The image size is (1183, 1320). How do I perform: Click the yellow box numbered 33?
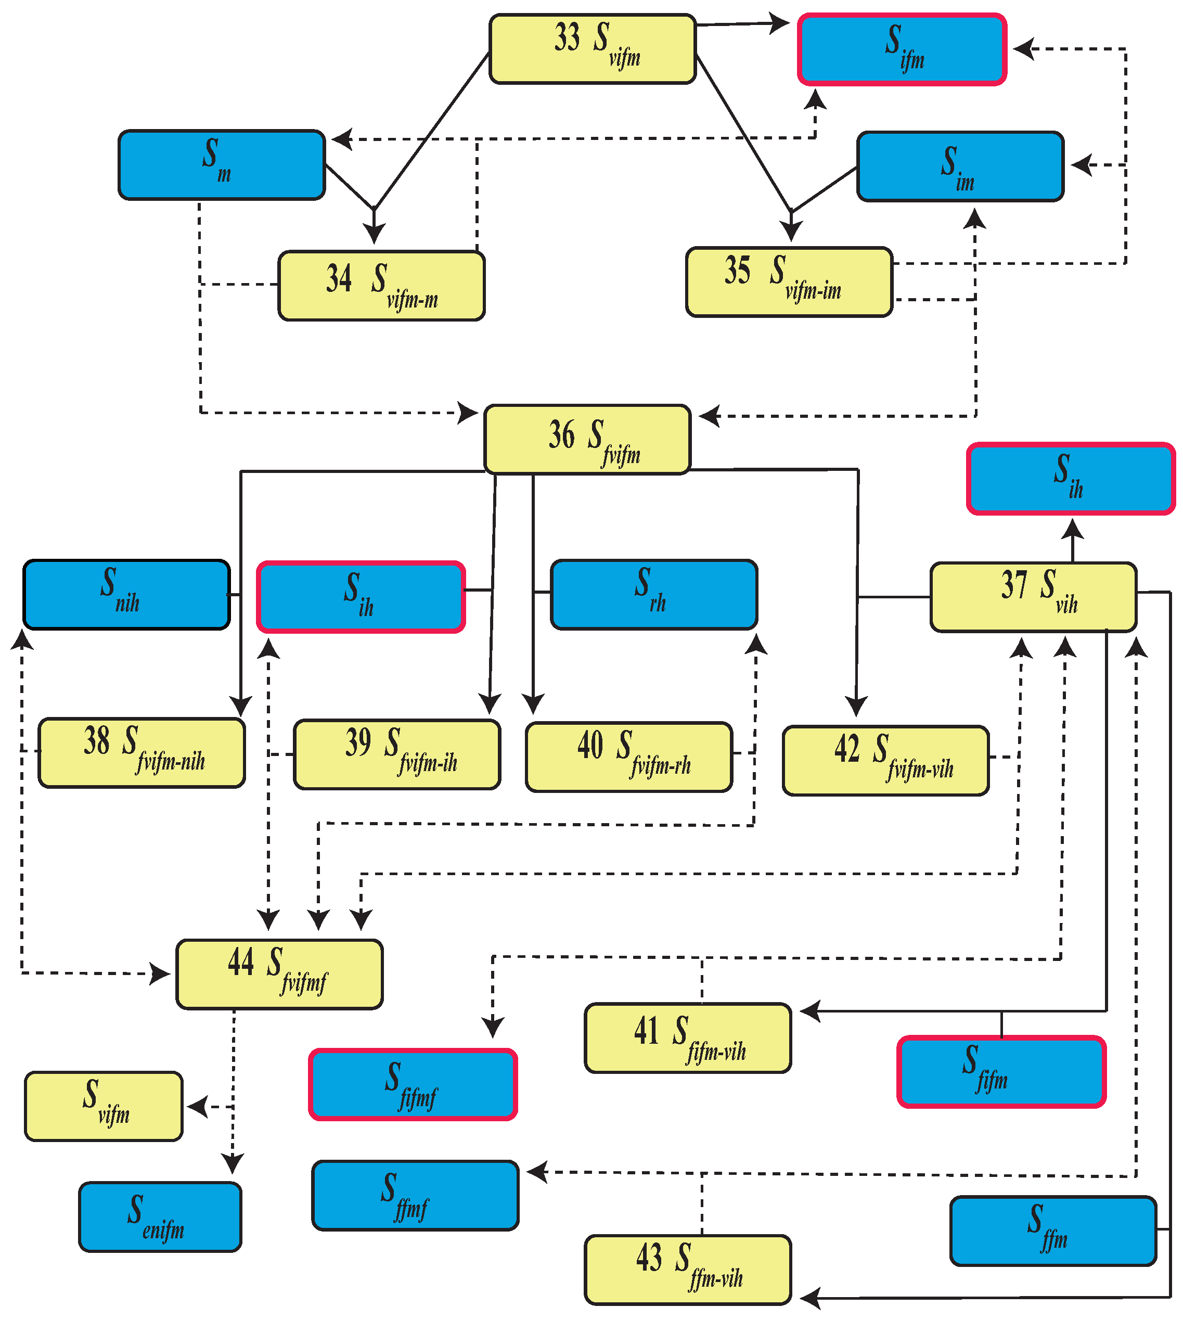[592, 49]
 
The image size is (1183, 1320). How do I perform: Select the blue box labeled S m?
[222, 164]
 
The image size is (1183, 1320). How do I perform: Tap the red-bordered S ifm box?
[902, 49]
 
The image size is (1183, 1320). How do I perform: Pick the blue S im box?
[960, 166]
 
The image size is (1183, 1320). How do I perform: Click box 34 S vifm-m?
[381, 285]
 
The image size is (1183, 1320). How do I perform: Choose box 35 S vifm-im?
[789, 281]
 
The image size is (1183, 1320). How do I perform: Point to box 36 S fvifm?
[587, 439]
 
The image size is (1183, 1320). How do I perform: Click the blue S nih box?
[127, 594]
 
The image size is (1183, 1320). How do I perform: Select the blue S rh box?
[654, 594]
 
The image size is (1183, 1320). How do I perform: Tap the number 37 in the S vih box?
[1014, 584]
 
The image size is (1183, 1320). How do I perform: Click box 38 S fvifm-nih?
[142, 753]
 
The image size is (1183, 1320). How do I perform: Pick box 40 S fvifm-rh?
[628, 757]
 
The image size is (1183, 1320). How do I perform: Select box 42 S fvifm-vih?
[885, 760]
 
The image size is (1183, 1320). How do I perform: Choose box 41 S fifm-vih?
[688, 1037]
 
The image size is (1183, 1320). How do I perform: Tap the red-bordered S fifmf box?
[413, 1084]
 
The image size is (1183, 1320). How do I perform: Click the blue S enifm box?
[160, 1216]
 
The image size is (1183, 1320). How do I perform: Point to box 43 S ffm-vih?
[688, 1270]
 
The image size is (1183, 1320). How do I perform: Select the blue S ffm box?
[1053, 1231]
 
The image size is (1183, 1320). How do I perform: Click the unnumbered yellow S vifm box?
[104, 1106]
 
